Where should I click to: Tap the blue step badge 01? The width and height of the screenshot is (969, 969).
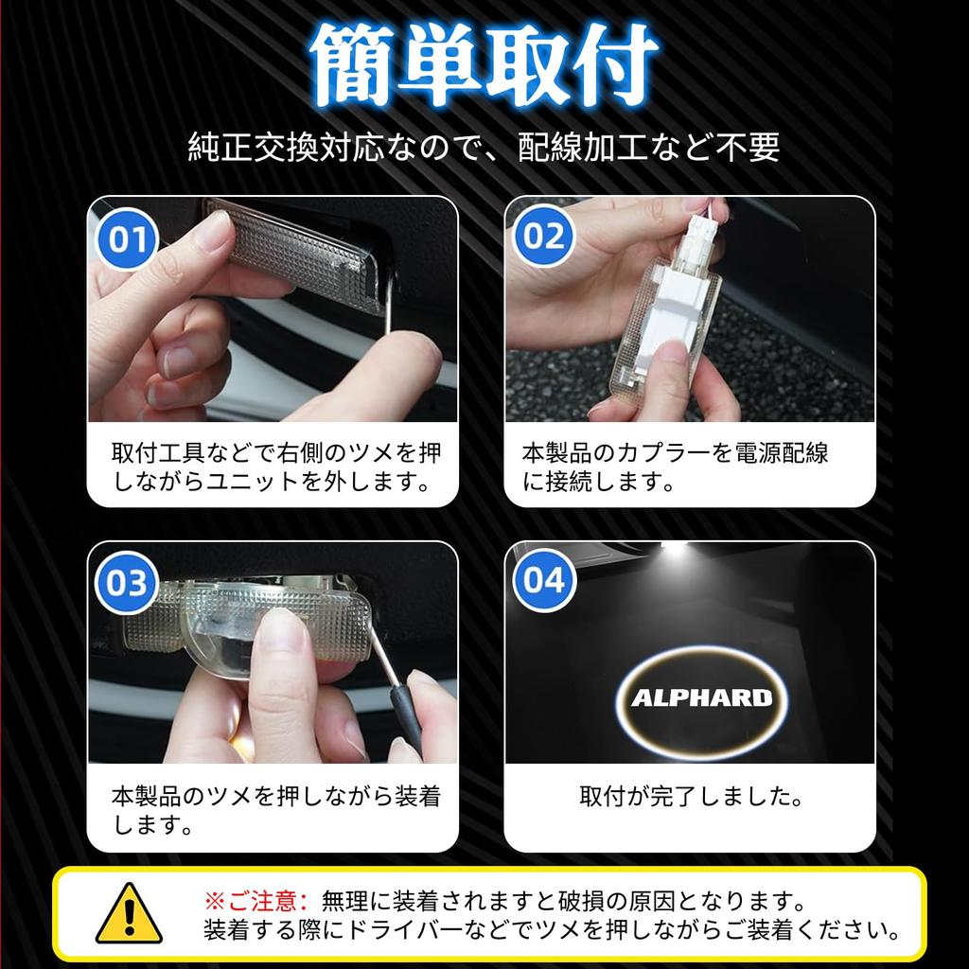128,238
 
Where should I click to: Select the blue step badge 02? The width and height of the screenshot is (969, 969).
543,236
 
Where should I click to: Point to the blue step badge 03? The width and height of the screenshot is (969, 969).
127,582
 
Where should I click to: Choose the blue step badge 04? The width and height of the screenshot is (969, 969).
544,580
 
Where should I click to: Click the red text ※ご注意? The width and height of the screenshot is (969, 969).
255,902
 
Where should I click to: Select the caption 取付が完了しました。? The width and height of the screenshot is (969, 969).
691,796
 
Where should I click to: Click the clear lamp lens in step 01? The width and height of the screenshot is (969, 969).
296,256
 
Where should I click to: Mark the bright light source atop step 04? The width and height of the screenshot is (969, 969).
674,550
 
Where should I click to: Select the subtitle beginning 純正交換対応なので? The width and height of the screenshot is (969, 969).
484,147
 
